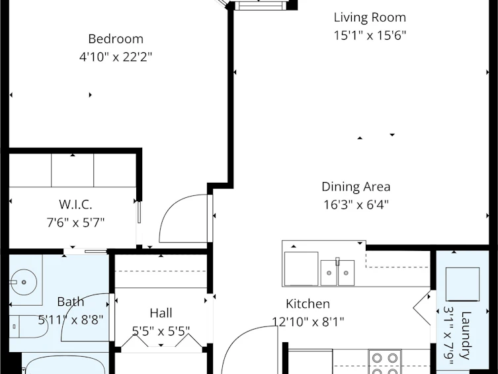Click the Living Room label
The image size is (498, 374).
tap(370, 17)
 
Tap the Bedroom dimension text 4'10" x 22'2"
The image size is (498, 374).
tap(116, 57)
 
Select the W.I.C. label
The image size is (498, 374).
tap(75, 205)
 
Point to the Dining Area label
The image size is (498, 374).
tap(356, 187)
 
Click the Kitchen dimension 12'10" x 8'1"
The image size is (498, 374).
tap(308, 322)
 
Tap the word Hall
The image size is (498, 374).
tap(161, 313)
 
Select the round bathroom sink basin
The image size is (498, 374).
tap(24, 282)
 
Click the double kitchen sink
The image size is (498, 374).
tap(337, 273)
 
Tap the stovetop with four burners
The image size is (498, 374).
tap(385, 362)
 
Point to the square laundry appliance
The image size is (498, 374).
tap(463, 284)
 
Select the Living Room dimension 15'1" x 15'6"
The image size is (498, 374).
tap(370, 35)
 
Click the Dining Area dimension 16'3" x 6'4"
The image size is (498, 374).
tap(356, 205)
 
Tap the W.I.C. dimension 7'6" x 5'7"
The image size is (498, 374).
tap(75, 222)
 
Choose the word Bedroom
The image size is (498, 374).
tap(116, 39)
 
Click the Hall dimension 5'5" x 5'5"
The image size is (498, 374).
tap(161, 331)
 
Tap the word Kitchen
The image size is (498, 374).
tap(308, 304)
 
